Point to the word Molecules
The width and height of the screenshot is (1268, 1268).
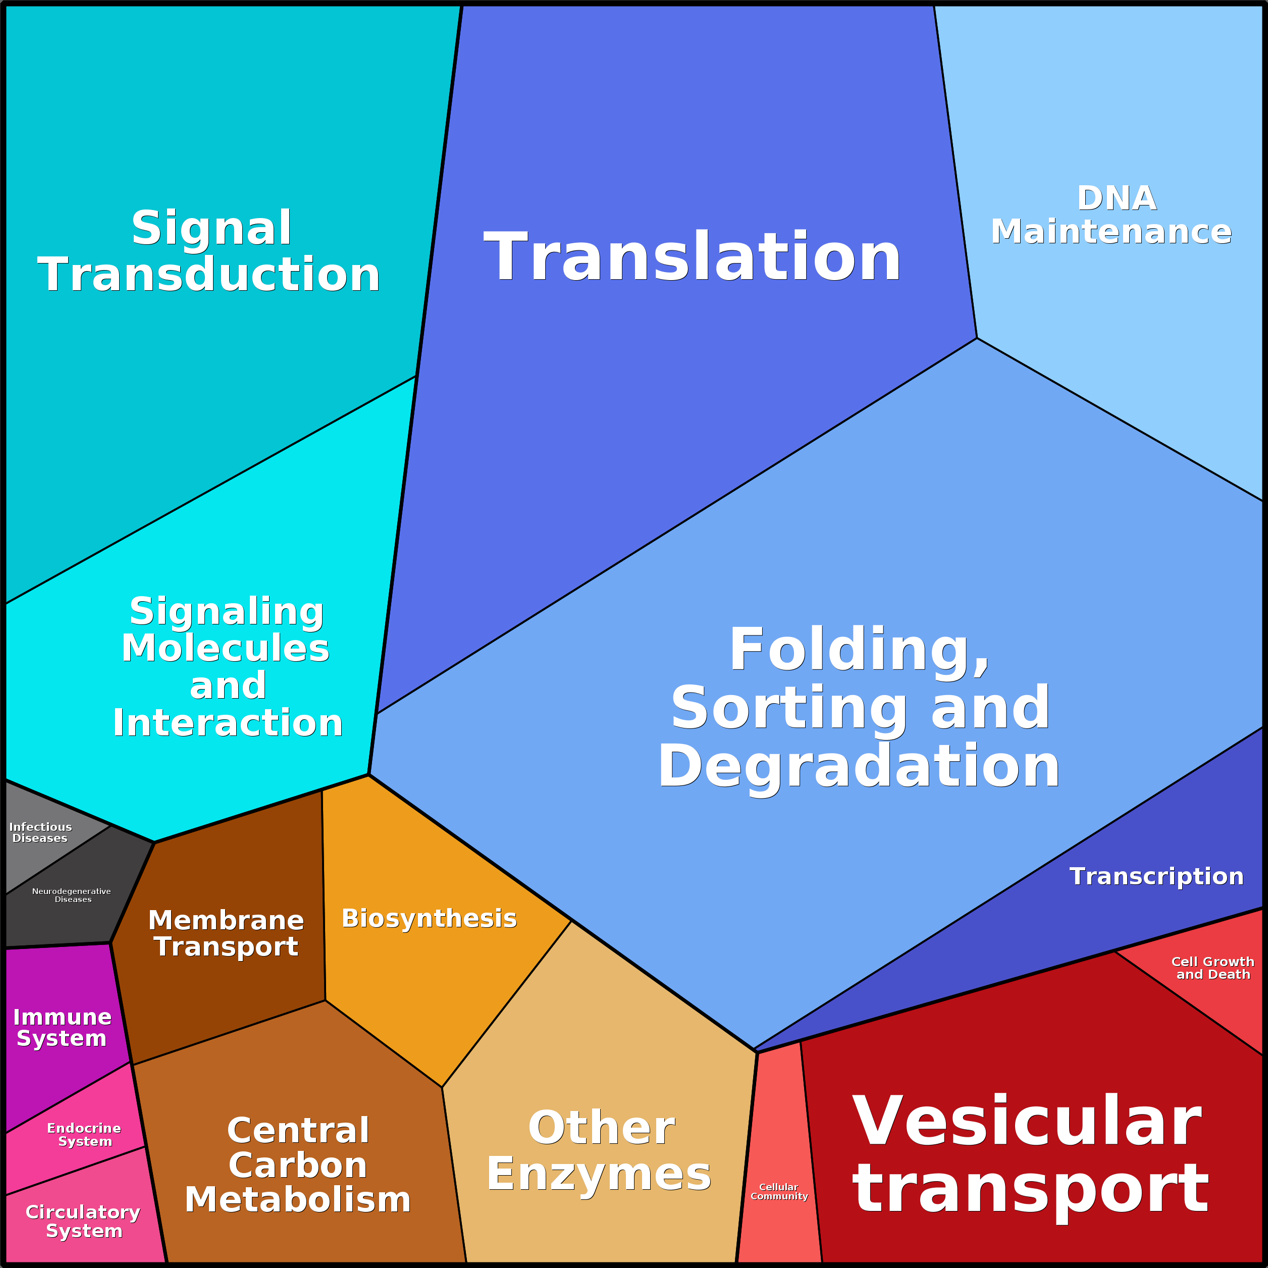click(x=225, y=649)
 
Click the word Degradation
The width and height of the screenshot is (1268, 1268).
click(x=859, y=767)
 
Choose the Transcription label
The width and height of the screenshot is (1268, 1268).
click(x=1156, y=876)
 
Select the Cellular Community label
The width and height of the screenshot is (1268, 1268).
click(x=779, y=1191)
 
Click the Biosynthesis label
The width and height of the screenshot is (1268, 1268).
click(x=429, y=918)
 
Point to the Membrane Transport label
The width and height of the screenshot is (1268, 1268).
click(x=226, y=933)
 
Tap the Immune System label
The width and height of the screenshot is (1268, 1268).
click(x=63, y=1027)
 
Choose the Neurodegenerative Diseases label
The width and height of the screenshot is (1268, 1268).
click(x=72, y=895)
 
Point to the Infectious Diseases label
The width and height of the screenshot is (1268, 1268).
click(x=40, y=832)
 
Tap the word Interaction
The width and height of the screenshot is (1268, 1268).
click(x=228, y=723)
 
